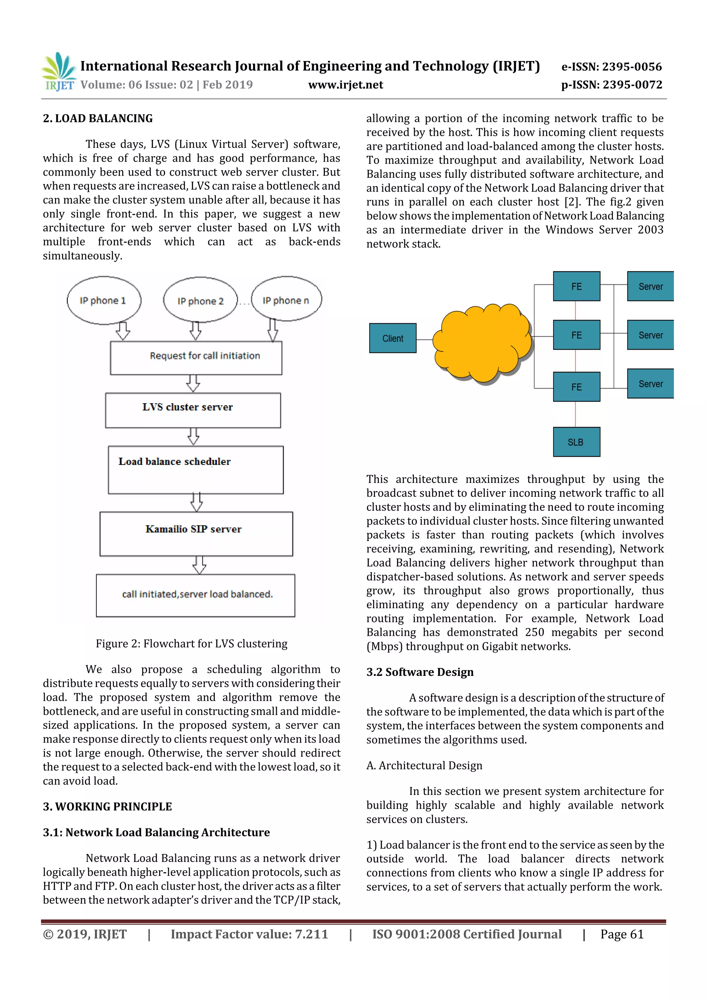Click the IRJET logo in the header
(59, 72)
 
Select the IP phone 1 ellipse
(104, 301)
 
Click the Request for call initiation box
(196, 358)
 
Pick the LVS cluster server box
(193, 410)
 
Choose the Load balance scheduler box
(196, 469)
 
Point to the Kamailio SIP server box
(196, 534)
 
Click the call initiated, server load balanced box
(196, 595)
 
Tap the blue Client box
(393, 338)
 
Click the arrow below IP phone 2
(196, 331)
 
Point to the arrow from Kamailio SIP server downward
(199, 565)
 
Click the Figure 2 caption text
(192, 644)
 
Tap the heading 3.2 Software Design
(419, 672)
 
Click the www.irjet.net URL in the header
(346, 85)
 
